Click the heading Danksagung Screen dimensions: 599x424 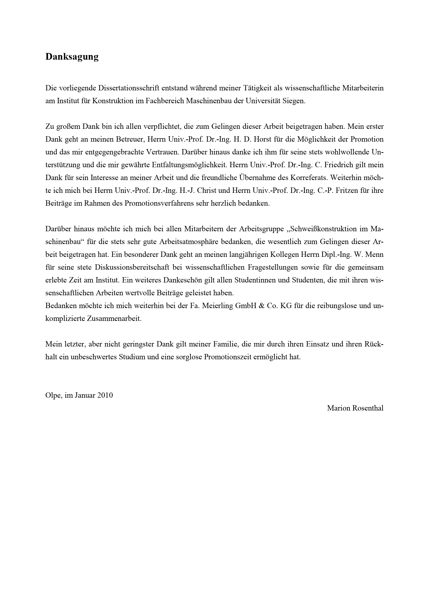[x=72, y=57]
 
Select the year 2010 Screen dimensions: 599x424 [x=105, y=395]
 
